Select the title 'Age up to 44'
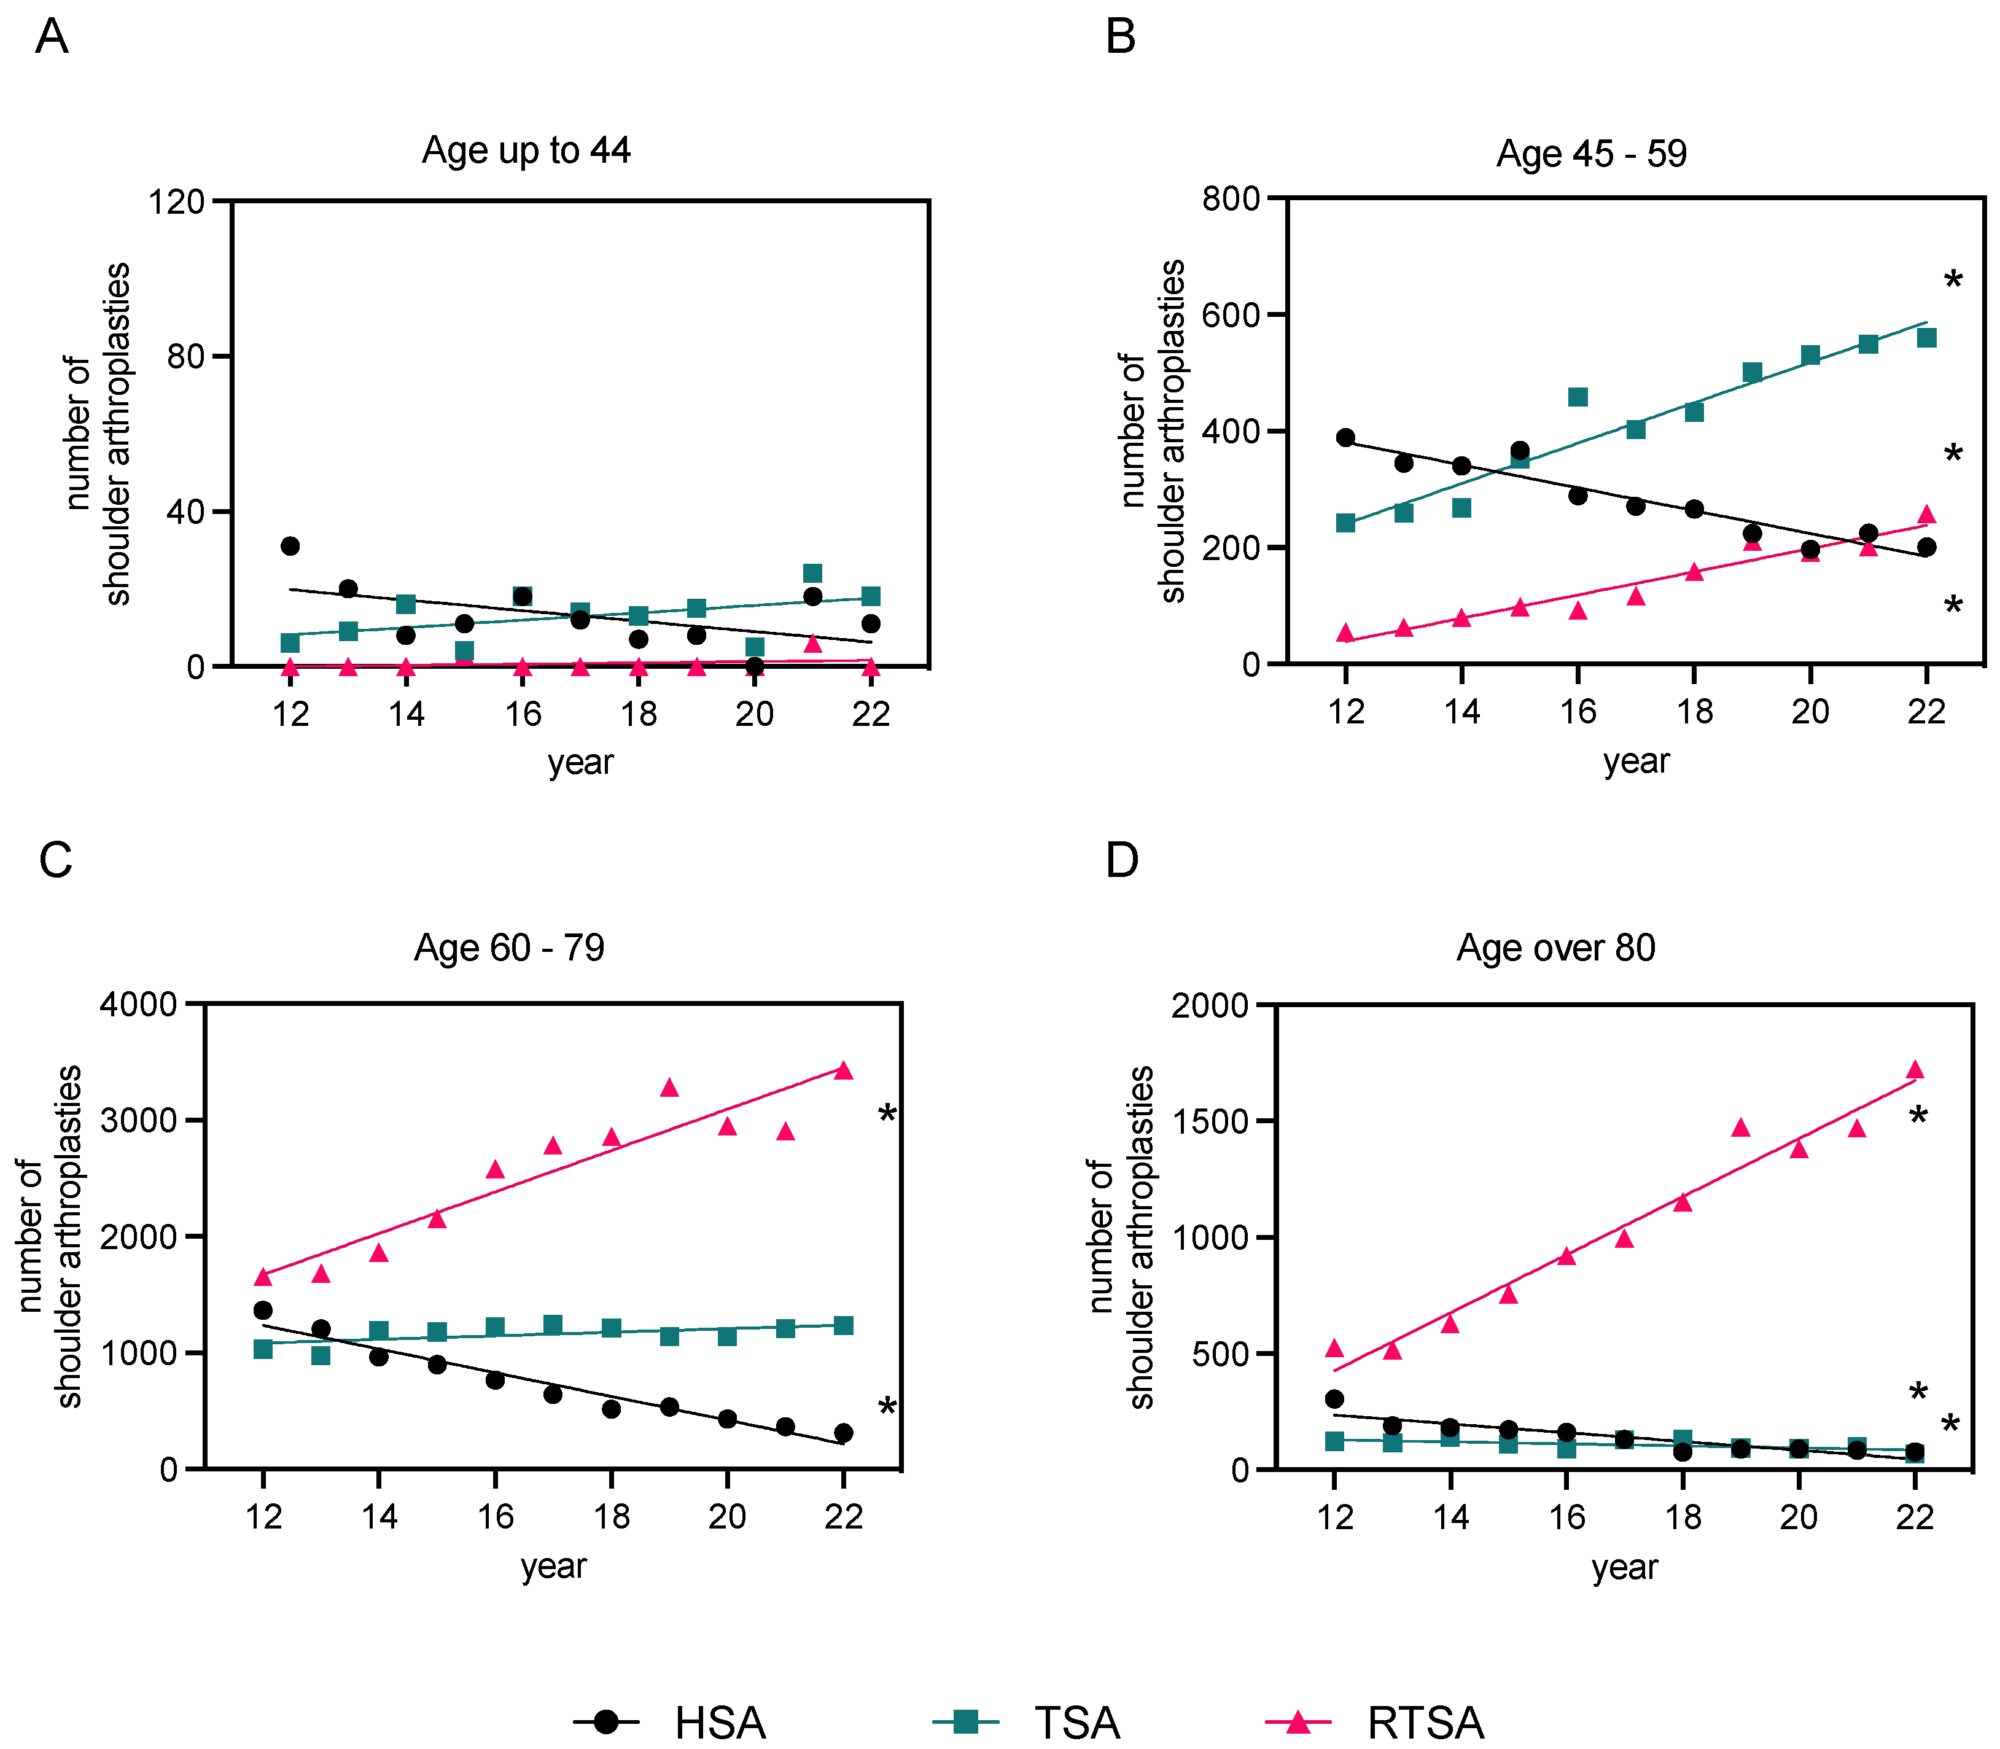click(x=526, y=150)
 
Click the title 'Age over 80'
click(x=1556, y=947)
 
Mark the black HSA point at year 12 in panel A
click(x=290, y=545)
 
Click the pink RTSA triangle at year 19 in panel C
click(x=669, y=1087)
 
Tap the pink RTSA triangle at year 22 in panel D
click(x=1915, y=1070)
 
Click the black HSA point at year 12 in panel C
click(x=263, y=1310)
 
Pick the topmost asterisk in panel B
click(x=1953, y=282)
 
